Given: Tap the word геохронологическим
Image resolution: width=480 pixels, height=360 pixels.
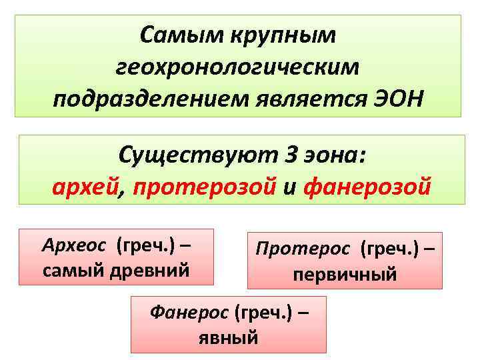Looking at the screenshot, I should click(x=237, y=67).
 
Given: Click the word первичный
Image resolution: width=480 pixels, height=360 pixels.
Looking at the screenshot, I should click(x=345, y=273).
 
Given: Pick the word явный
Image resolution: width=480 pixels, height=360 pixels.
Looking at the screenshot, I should click(x=229, y=336).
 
